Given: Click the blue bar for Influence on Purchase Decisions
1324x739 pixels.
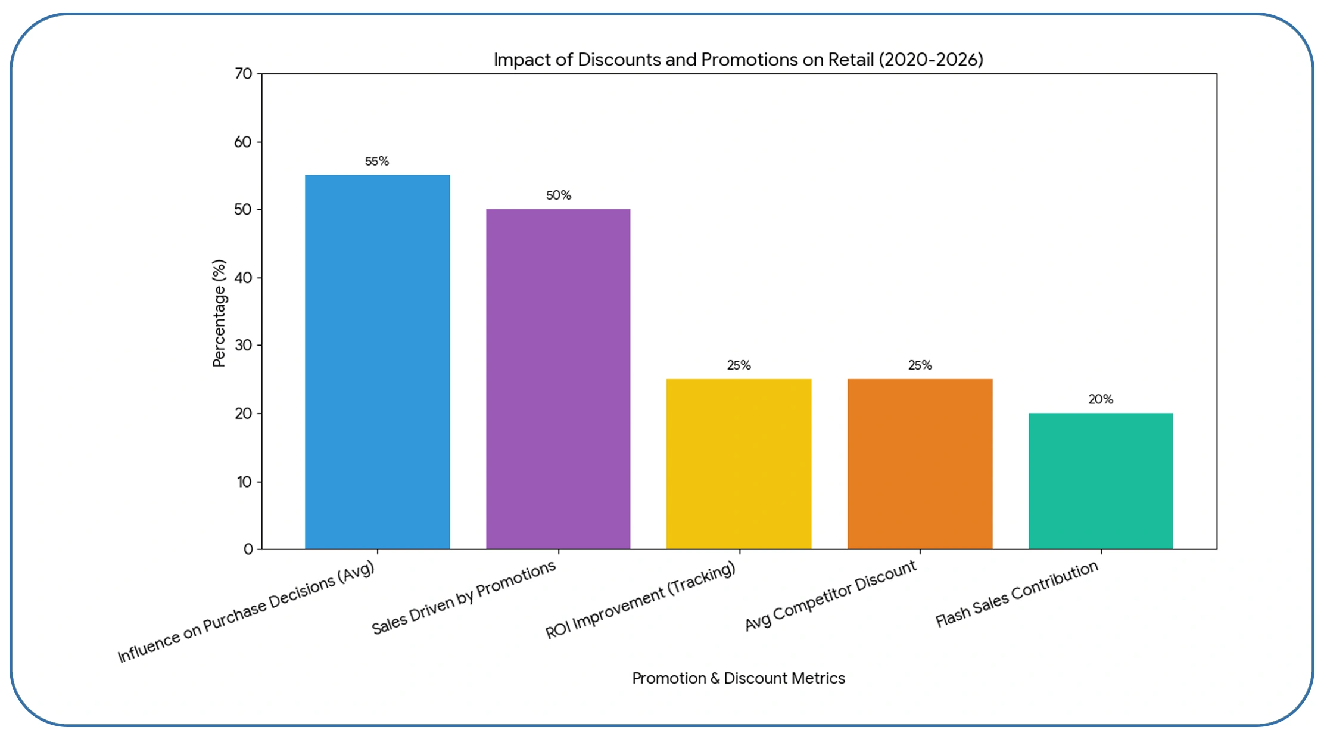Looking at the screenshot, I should click(x=377, y=362).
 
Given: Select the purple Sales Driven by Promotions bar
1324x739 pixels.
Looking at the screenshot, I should click(x=558, y=378).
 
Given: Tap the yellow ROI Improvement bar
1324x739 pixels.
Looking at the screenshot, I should click(x=739, y=464).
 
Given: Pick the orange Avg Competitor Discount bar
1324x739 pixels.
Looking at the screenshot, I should click(x=920, y=464).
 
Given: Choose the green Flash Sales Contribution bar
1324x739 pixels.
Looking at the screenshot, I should click(x=1100, y=480).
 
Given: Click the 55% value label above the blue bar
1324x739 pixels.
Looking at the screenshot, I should click(x=377, y=162).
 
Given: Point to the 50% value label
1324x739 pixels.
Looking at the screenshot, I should click(x=559, y=195).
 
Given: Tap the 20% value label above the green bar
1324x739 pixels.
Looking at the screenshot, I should click(x=1101, y=399).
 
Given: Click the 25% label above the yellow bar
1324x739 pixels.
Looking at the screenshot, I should click(x=739, y=365).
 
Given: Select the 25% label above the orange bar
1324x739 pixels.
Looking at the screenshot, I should click(x=920, y=365).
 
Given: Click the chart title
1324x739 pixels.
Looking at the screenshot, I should click(x=738, y=60).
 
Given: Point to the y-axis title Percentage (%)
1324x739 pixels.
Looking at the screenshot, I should click(x=219, y=313).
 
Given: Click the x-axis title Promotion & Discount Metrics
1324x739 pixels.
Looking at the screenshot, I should click(x=739, y=678).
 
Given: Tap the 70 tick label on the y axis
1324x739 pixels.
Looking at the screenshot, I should click(x=244, y=74).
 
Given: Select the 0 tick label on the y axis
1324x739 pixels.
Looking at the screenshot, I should click(x=248, y=549).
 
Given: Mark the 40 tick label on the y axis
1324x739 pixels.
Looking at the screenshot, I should click(x=244, y=278).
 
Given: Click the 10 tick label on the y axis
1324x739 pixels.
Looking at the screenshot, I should click(x=244, y=482).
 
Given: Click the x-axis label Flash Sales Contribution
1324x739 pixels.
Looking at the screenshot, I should click(x=1017, y=594).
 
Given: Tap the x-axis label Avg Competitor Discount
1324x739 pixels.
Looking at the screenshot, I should click(x=830, y=595).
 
